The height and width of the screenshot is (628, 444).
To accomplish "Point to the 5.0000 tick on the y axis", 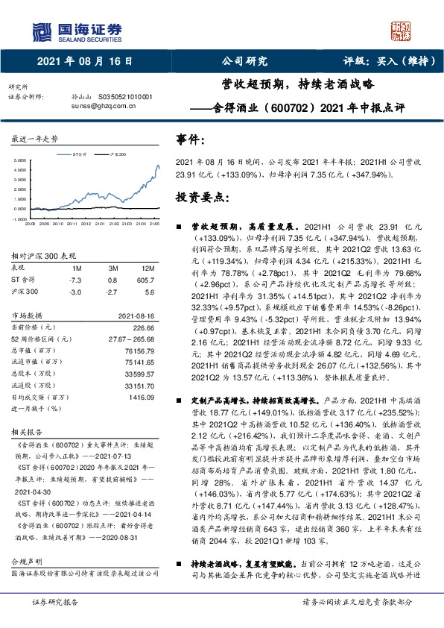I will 18,160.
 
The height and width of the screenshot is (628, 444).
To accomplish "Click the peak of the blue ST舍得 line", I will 157,166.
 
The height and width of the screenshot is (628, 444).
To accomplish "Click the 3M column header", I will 112,268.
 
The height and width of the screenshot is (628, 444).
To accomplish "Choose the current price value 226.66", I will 143,327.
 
